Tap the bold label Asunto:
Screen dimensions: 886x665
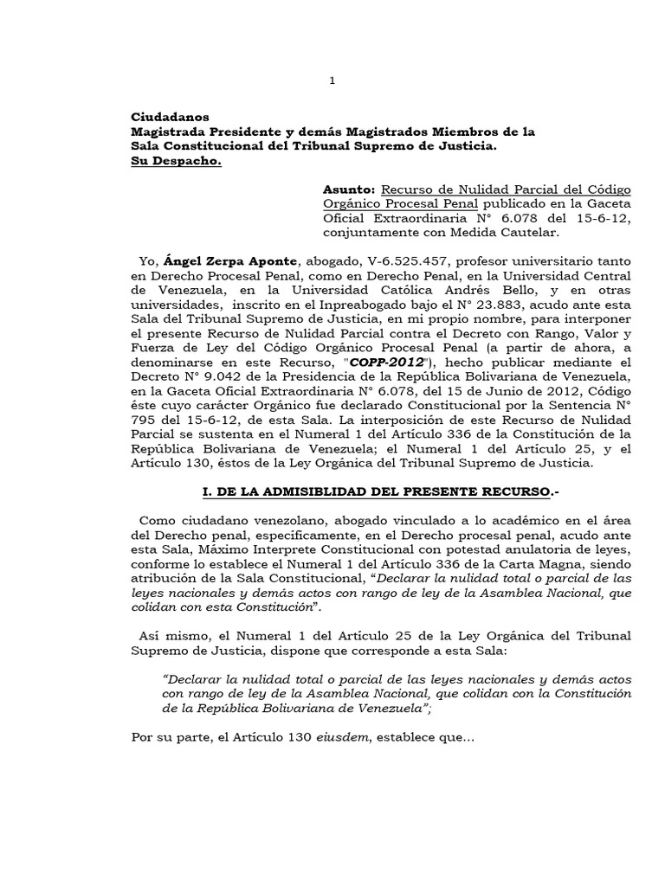click(350, 189)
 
